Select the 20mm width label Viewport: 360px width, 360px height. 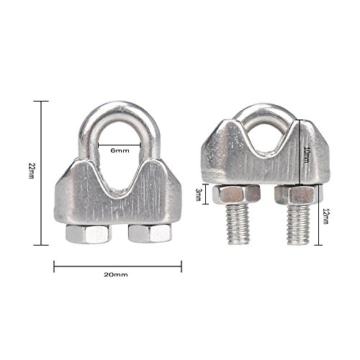click(x=116, y=276)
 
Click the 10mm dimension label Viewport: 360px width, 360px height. click(x=307, y=154)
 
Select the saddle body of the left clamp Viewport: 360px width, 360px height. click(x=115, y=202)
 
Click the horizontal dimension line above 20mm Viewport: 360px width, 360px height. click(x=117, y=266)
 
